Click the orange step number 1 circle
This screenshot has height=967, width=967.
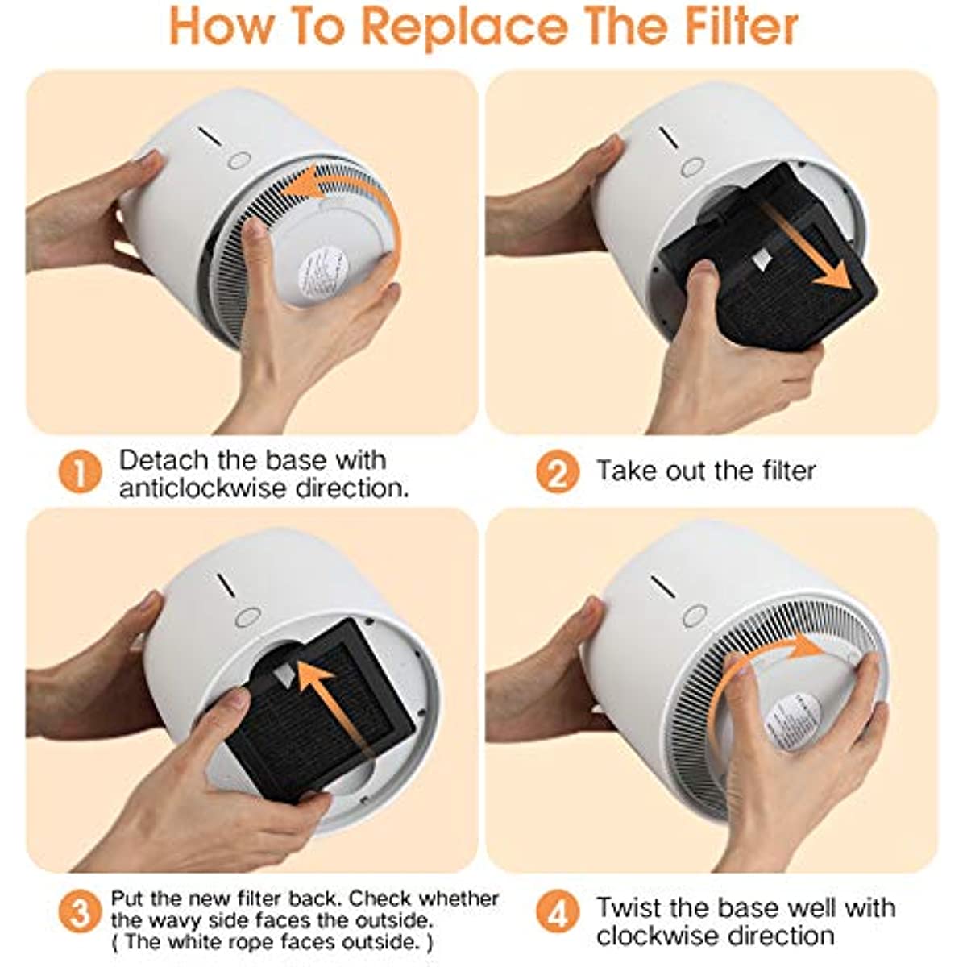coord(81,471)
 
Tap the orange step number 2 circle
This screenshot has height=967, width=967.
coord(558,471)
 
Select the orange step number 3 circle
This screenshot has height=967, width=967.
coord(81,911)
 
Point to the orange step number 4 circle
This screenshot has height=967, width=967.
coord(558,911)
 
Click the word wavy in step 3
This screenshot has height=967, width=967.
coord(169,921)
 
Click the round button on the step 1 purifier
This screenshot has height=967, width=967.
coord(239,161)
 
